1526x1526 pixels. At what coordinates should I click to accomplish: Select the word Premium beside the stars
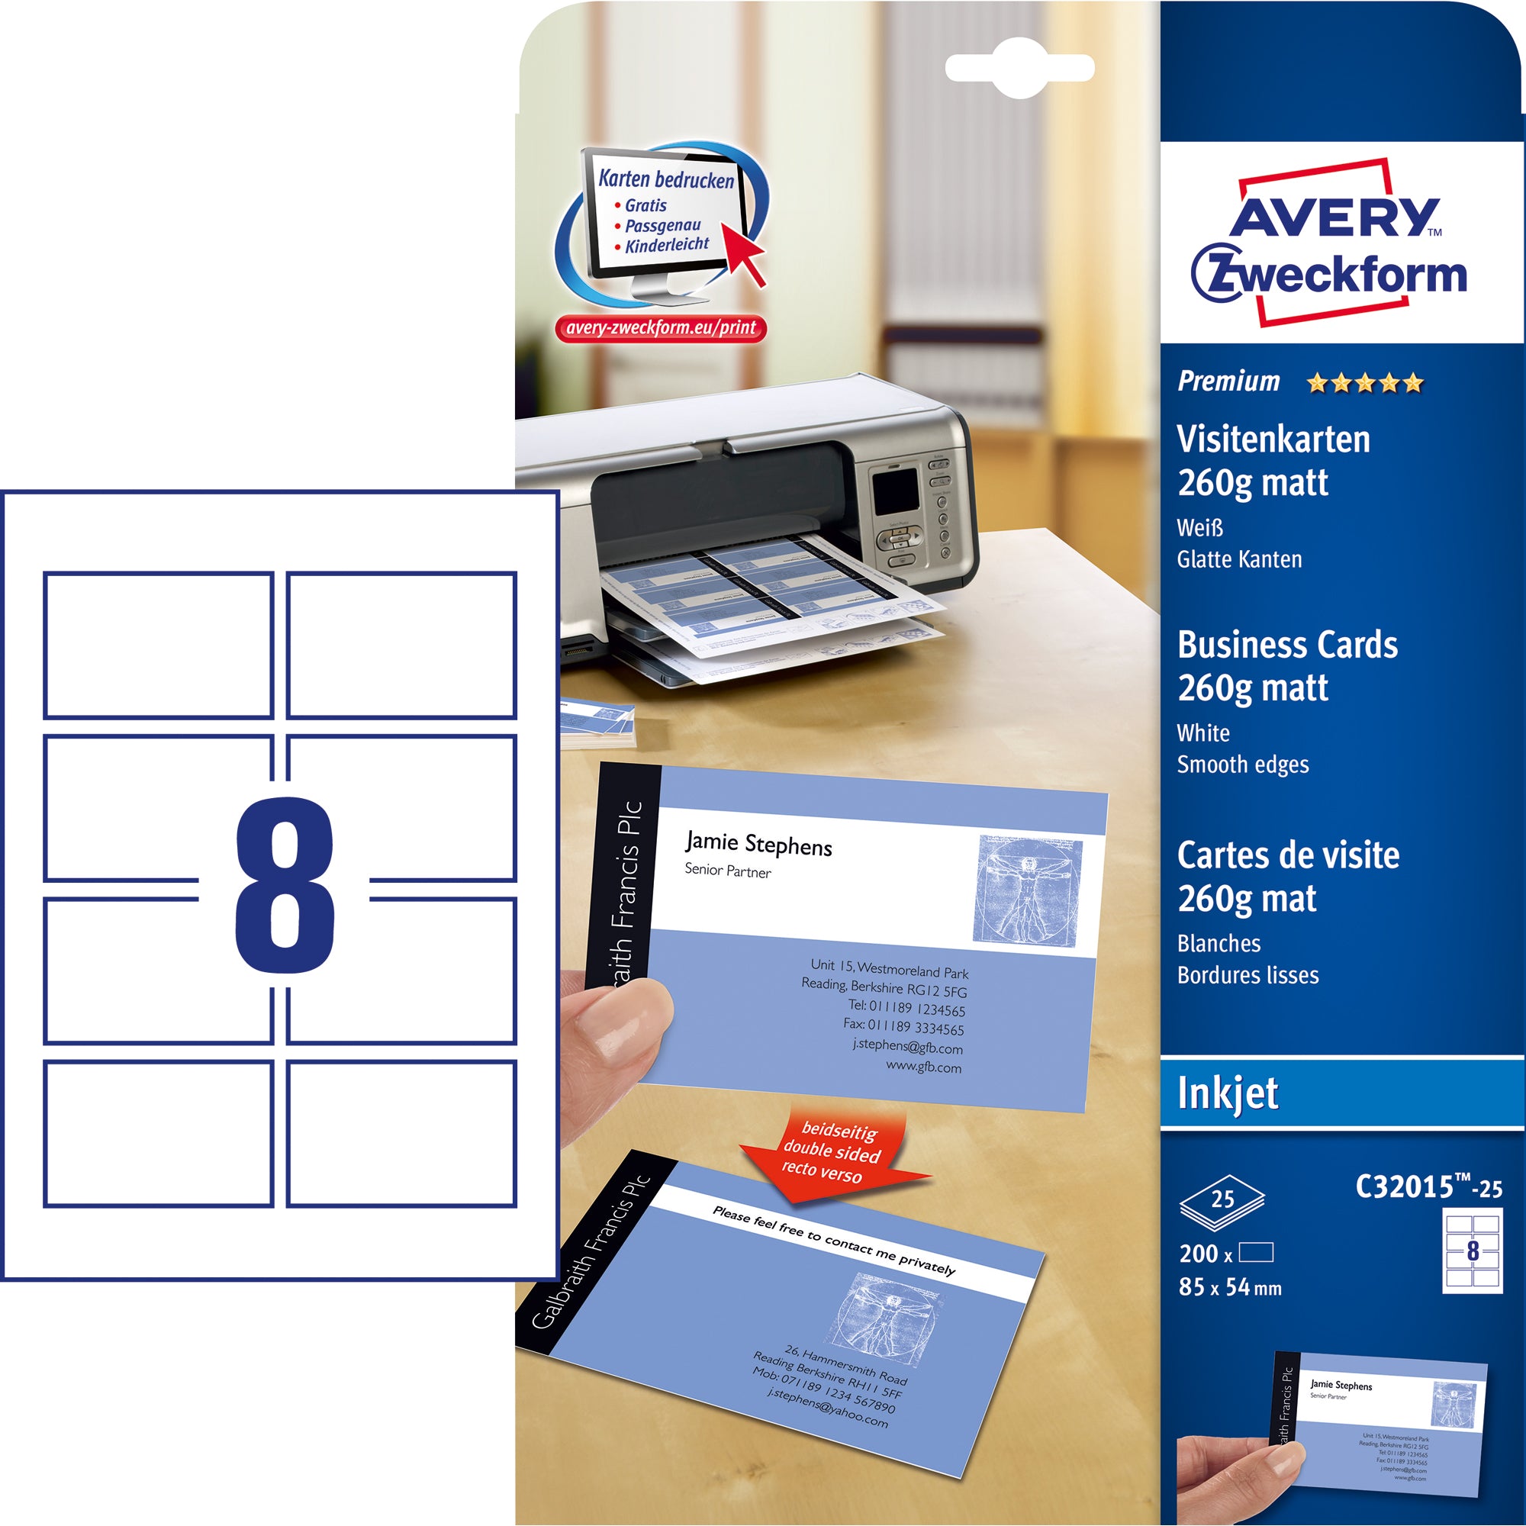1228,382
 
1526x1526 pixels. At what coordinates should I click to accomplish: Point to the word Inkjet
1228,1094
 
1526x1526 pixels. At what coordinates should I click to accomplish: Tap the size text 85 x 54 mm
1229,1287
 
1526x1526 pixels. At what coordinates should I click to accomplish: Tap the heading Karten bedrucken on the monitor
666,179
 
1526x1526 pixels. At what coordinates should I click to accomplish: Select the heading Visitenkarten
1273,440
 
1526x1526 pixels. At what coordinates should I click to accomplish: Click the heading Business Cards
1286,645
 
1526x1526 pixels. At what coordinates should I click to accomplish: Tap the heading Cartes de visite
1287,855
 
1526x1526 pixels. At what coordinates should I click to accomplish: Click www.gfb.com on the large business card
923,1068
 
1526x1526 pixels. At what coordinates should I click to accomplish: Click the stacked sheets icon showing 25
1222,1202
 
